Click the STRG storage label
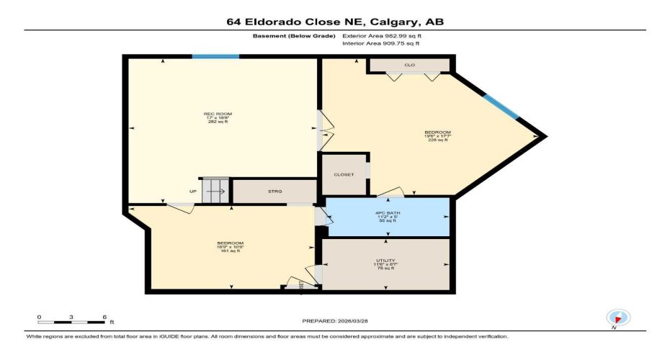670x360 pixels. (x=274, y=192)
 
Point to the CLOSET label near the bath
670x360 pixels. (x=344, y=174)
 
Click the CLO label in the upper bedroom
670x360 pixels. (x=409, y=65)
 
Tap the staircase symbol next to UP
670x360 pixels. (x=215, y=190)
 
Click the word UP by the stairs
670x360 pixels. (x=193, y=192)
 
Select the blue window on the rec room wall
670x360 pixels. (x=215, y=56)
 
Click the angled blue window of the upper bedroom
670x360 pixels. (x=501, y=107)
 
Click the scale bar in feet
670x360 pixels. (x=72, y=321)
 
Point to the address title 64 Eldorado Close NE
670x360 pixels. (x=334, y=22)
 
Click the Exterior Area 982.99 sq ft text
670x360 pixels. (x=382, y=35)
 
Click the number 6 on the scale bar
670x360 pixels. (x=105, y=316)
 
